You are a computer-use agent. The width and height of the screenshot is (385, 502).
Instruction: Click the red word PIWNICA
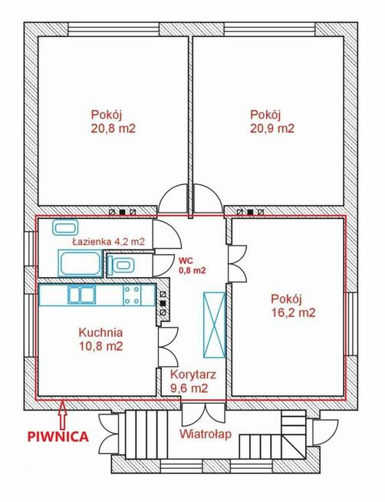[x=58, y=436]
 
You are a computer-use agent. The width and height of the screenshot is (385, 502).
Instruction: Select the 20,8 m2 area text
[x=114, y=129]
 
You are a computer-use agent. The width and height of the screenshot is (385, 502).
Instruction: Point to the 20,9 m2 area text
[x=272, y=129]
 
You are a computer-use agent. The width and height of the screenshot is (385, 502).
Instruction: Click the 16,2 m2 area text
[x=293, y=312]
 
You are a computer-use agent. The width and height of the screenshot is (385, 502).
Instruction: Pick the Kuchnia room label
[x=100, y=332]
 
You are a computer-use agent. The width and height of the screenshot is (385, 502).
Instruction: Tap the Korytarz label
[x=193, y=375]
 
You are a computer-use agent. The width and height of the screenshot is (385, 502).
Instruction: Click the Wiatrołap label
[x=206, y=434]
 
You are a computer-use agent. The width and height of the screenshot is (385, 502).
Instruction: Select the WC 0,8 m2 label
[x=192, y=265]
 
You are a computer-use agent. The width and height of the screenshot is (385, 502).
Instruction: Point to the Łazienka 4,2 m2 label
[x=108, y=242]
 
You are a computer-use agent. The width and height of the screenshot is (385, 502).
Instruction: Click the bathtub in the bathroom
[x=80, y=263]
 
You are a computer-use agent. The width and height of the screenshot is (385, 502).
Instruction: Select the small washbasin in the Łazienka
[x=65, y=228]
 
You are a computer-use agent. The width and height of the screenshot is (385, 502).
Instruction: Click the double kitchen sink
[x=81, y=295]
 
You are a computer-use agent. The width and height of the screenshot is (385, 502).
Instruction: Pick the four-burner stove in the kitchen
[x=132, y=295]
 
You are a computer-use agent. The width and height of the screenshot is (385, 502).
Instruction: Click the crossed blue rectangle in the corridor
[x=214, y=325]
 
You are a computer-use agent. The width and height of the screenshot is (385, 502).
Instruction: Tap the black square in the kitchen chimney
[x=163, y=303]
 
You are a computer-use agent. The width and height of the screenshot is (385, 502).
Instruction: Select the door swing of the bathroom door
[x=167, y=234]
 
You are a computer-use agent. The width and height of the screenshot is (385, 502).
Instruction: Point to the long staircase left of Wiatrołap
[x=146, y=434]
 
